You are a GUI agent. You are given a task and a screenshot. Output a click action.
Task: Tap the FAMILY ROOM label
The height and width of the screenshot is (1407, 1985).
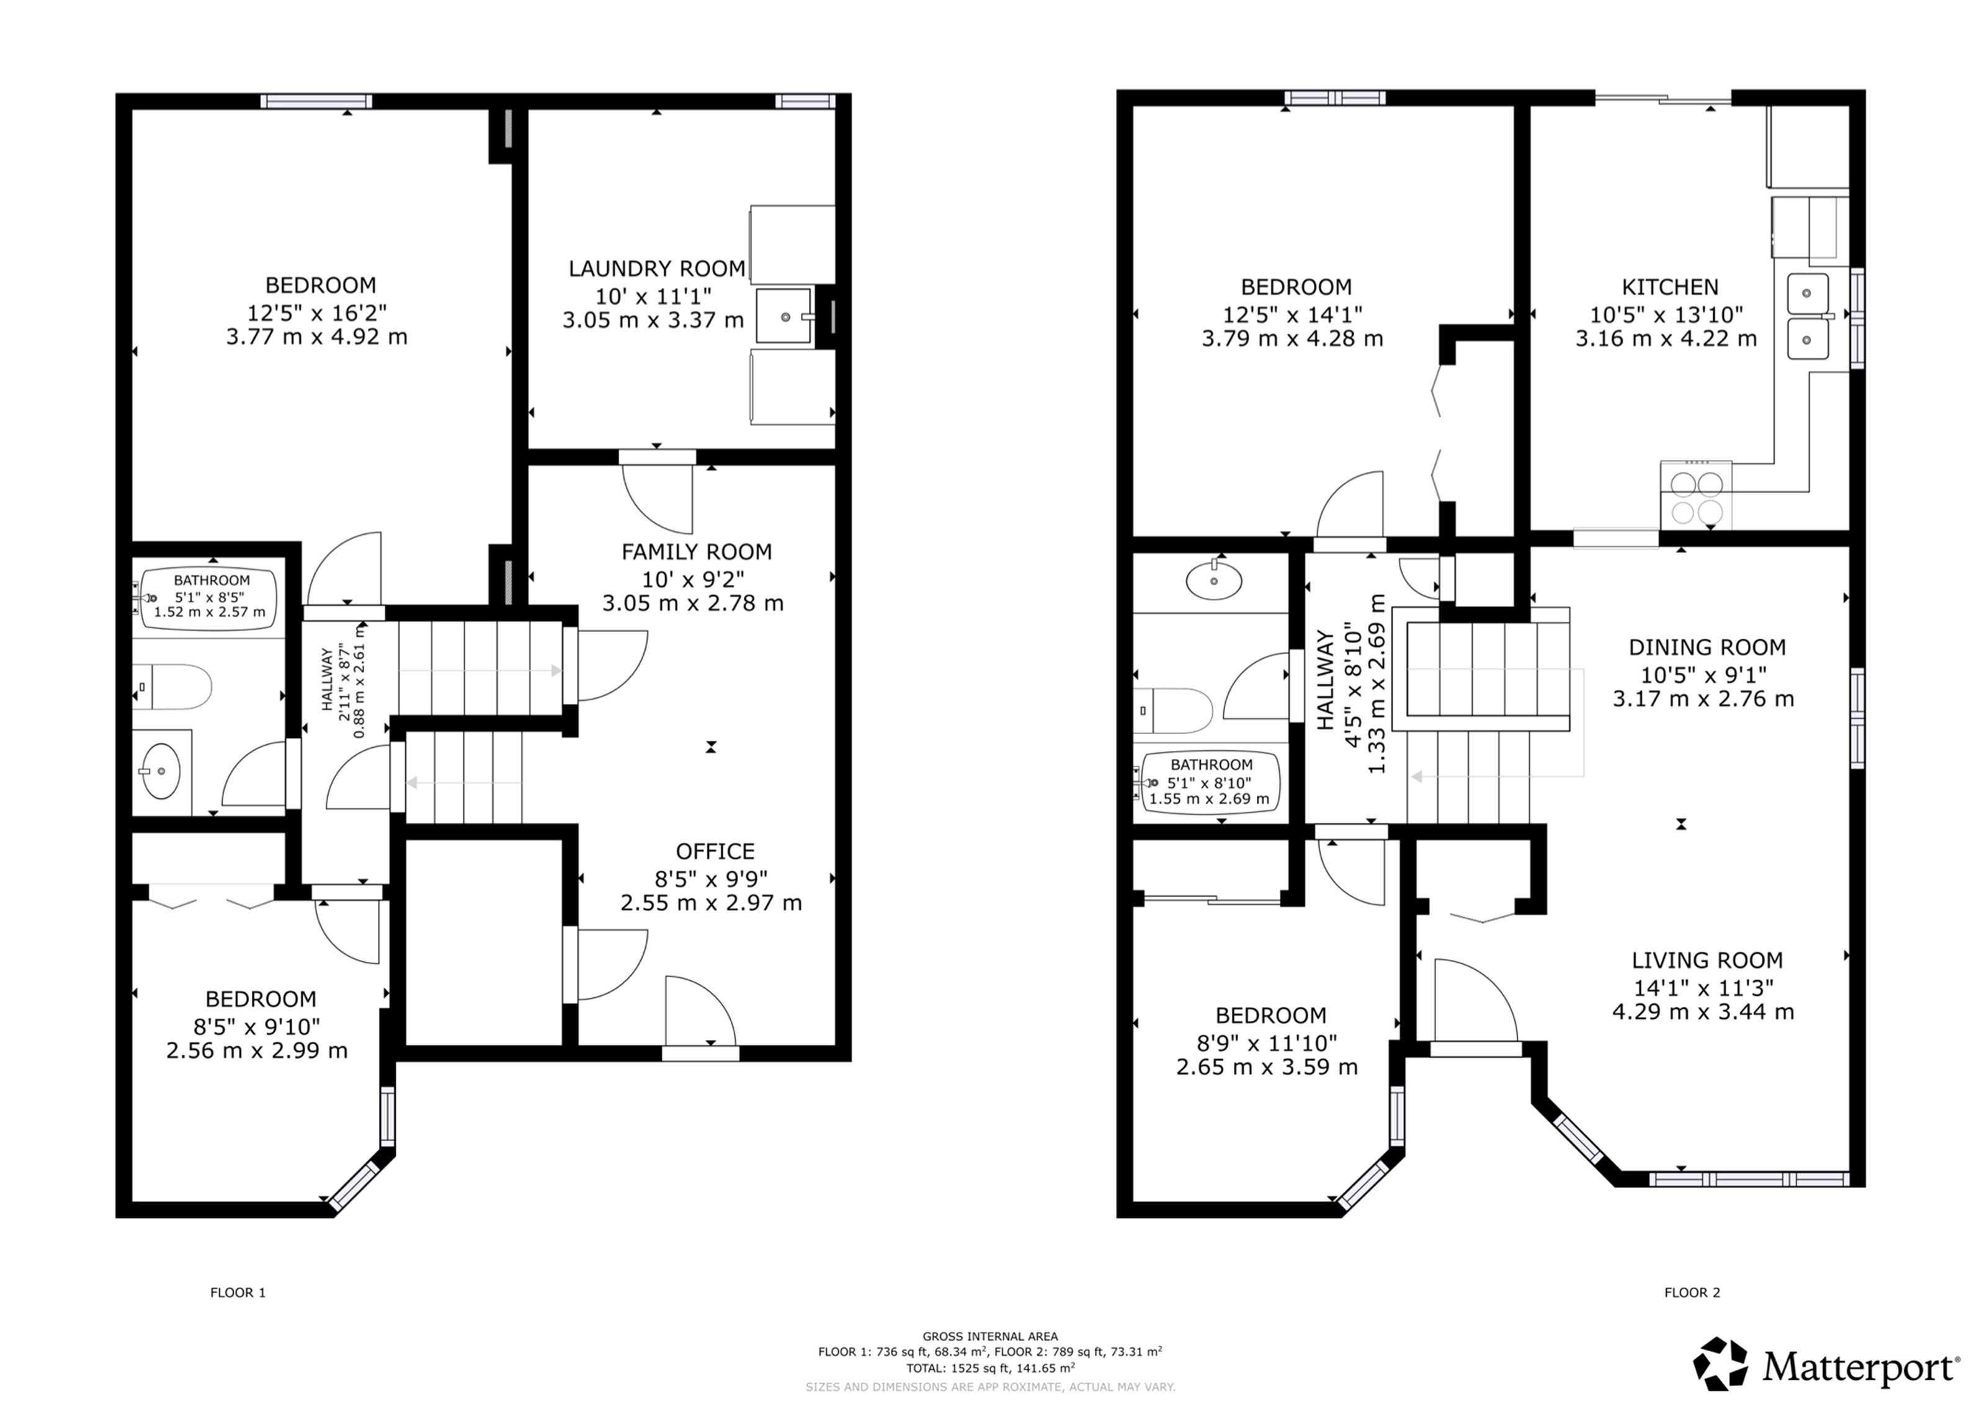pos(697,552)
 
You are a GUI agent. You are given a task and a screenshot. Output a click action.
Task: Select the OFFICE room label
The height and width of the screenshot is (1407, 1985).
pos(715,851)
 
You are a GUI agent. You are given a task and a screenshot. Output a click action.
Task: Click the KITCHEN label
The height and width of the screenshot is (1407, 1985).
pos(1670,286)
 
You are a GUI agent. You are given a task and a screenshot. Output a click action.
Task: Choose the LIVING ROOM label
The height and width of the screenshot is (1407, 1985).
pos(1707,960)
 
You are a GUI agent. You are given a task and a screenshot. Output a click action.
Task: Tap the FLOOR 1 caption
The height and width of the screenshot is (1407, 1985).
pos(238,1293)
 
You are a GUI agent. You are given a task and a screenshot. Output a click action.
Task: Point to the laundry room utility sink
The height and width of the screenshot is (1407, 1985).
pos(784,316)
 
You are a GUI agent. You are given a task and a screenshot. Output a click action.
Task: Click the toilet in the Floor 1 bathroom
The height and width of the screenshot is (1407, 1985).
pos(172,687)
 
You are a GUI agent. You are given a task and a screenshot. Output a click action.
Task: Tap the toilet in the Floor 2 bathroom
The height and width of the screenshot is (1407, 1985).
pos(1172,711)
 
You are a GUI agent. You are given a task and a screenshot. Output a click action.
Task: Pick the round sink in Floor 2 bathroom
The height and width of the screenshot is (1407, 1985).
pos(1214,580)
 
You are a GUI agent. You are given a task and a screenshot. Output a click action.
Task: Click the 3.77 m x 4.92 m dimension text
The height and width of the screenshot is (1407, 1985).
pos(317,337)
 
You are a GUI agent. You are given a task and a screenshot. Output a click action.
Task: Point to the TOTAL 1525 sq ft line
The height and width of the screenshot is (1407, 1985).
pos(991,1368)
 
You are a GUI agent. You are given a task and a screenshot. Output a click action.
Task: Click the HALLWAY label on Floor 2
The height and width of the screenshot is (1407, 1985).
pos(1326,680)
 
